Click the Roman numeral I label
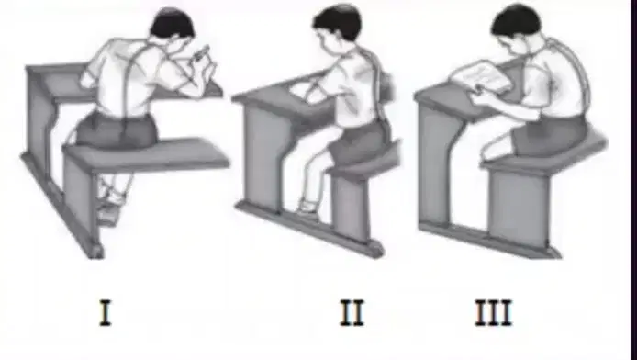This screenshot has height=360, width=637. pos(106,312)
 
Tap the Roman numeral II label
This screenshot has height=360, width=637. pos(352,312)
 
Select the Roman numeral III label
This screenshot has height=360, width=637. pos(494,312)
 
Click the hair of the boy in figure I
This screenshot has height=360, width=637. pos(173,22)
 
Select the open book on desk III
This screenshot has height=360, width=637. pos(481,77)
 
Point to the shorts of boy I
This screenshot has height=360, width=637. pos(117,129)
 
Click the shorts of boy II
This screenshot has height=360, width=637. pos(357,142)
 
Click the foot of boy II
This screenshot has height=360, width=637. pos(307,208)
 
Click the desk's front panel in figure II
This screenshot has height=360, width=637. pos(264,159)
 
